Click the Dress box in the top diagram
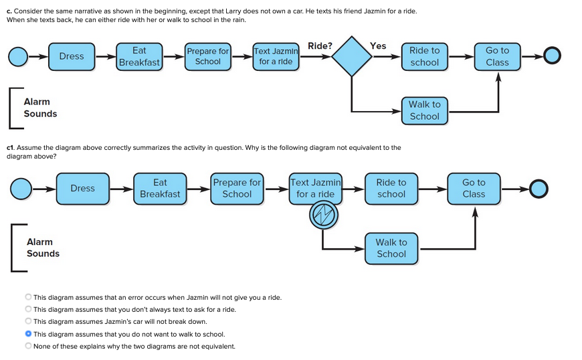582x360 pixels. [72, 56]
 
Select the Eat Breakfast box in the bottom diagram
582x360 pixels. [160, 188]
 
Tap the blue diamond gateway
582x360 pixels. [352, 57]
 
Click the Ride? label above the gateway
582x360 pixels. [320, 46]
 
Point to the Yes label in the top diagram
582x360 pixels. [378, 46]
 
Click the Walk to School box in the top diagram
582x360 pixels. [424, 110]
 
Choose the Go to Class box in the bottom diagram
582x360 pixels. [474, 188]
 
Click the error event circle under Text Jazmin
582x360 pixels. [324, 215]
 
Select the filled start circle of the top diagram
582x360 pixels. [18, 56]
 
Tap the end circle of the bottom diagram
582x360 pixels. [539, 189]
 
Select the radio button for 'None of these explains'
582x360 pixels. [28, 346]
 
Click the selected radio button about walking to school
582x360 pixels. [28, 334]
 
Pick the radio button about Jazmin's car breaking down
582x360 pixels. [28, 321]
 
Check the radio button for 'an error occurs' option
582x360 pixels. [28, 297]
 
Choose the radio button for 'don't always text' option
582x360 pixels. [28, 309]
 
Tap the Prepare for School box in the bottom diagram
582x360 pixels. [237, 188]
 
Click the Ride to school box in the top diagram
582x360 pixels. [424, 56]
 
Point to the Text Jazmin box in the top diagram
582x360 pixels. [276, 56]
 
